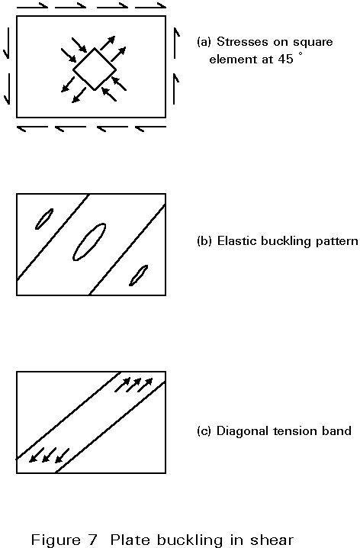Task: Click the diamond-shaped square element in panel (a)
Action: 84,59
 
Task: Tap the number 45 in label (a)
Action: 285,59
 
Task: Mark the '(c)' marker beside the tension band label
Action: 204,431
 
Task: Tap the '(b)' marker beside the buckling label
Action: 204,241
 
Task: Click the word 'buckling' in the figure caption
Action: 192,540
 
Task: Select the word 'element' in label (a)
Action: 232,59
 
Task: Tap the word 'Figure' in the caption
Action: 56,540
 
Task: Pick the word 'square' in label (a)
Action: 313,43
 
